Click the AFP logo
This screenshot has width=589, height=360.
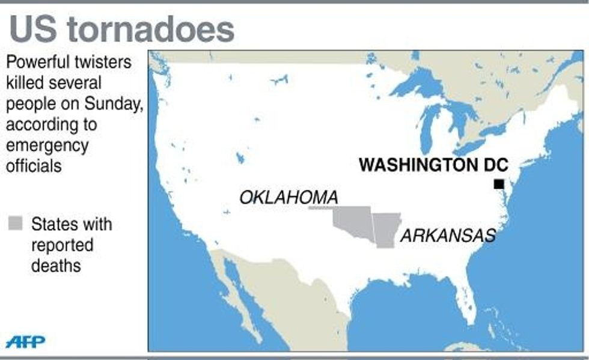(25, 342)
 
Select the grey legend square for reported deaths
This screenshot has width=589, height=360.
(16, 224)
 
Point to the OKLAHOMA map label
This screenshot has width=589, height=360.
(288, 197)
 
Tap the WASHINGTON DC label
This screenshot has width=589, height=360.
(433, 165)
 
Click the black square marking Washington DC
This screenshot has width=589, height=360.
(499, 184)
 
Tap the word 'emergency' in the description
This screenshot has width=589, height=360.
(47, 145)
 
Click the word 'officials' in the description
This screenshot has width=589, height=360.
(34, 165)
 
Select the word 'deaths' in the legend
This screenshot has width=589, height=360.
(56, 265)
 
